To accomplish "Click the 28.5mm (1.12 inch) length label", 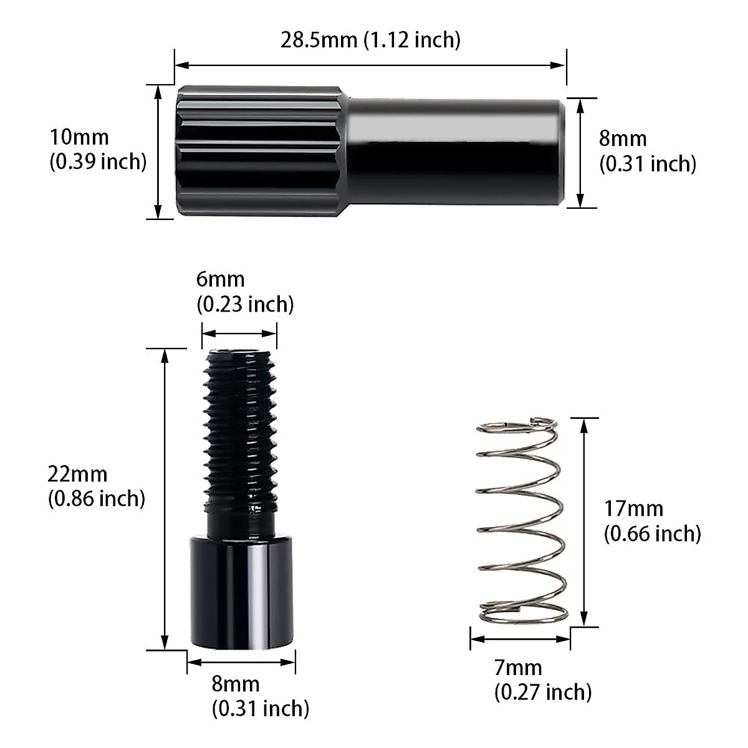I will [370, 40].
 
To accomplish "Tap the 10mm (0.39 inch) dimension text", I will [98, 150].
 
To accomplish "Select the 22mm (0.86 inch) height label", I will [96, 486].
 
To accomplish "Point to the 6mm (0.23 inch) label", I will [245, 292].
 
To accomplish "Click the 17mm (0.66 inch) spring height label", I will [652, 521].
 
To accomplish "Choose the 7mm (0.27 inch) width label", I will [542, 680].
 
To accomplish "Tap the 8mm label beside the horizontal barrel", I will [648, 151].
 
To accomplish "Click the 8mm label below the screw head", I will [260, 696].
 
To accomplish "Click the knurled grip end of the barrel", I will [259, 151].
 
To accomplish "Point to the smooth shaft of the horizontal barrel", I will [455, 151].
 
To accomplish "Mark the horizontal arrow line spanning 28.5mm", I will [370, 64].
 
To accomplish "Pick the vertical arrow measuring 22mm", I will [165, 499].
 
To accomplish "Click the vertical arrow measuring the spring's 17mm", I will [584, 522].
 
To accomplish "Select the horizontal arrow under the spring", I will [520, 639].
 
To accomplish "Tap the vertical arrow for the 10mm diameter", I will [158, 151].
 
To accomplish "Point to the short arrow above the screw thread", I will [239, 333].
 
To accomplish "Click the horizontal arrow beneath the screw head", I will [241, 662].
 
